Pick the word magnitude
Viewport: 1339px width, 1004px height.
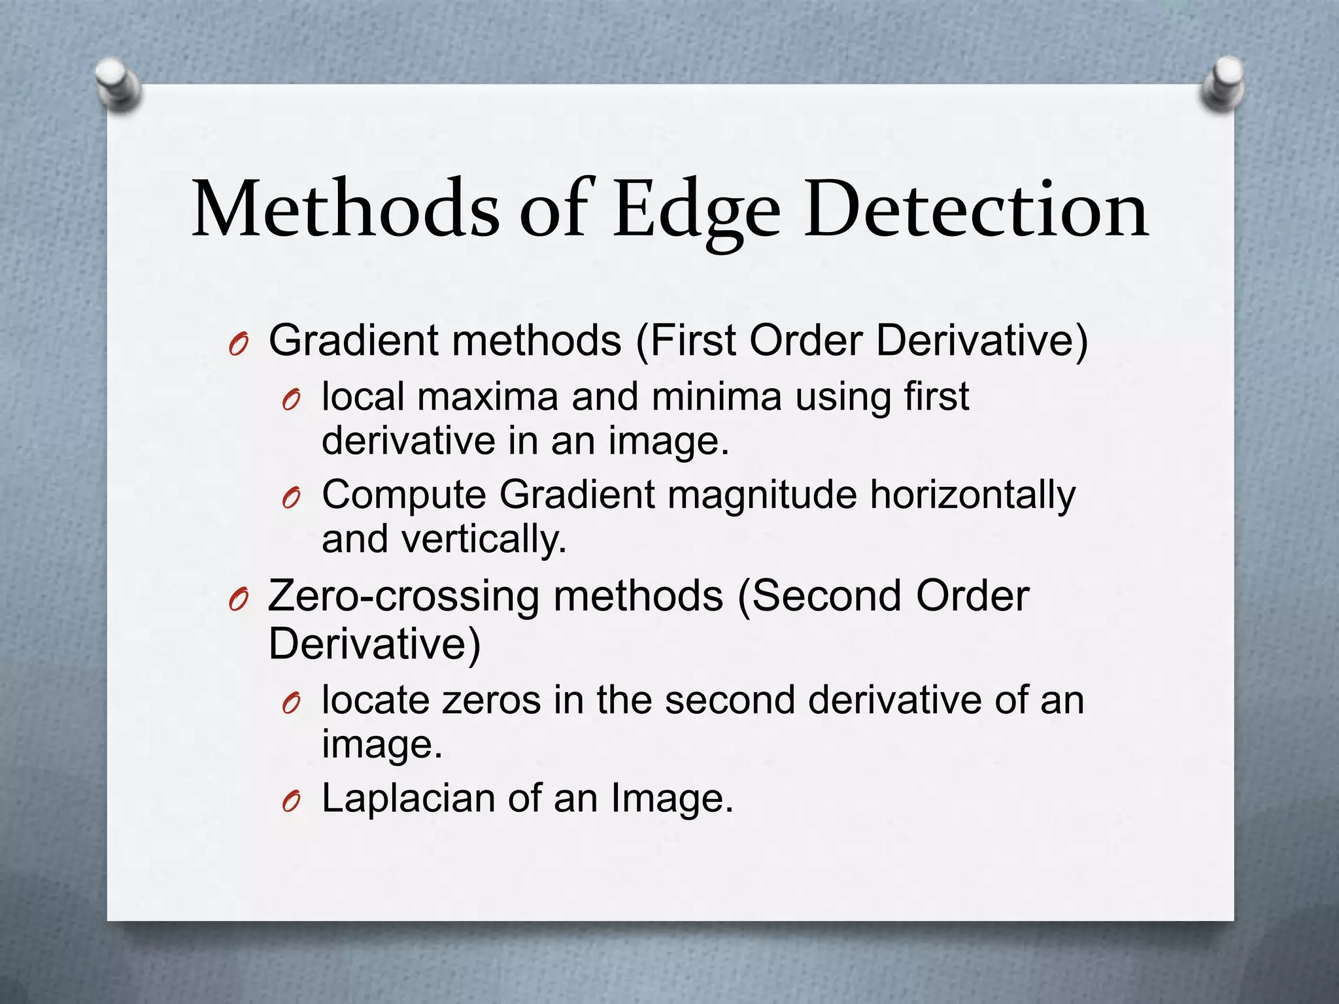click(x=762, y=495)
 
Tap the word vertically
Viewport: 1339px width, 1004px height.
click(x=484, y=539)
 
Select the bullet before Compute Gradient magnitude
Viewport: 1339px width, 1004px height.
click(x=291, y=497)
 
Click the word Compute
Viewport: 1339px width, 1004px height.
click(x=404, y=495)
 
